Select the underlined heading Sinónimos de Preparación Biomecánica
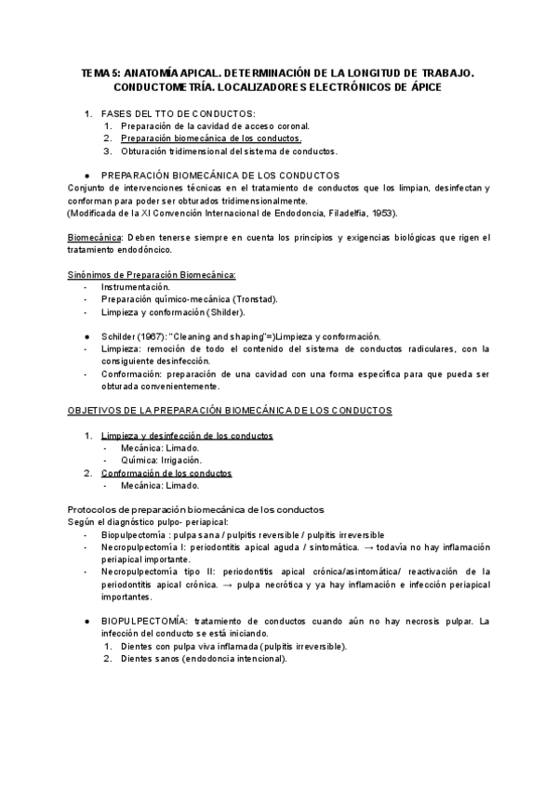click(x=153, y=275)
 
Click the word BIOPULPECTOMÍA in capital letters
click(x=144, y=621)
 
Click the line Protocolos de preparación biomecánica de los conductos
click(x=196, y=510)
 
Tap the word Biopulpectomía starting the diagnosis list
click(x=138, y=535)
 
